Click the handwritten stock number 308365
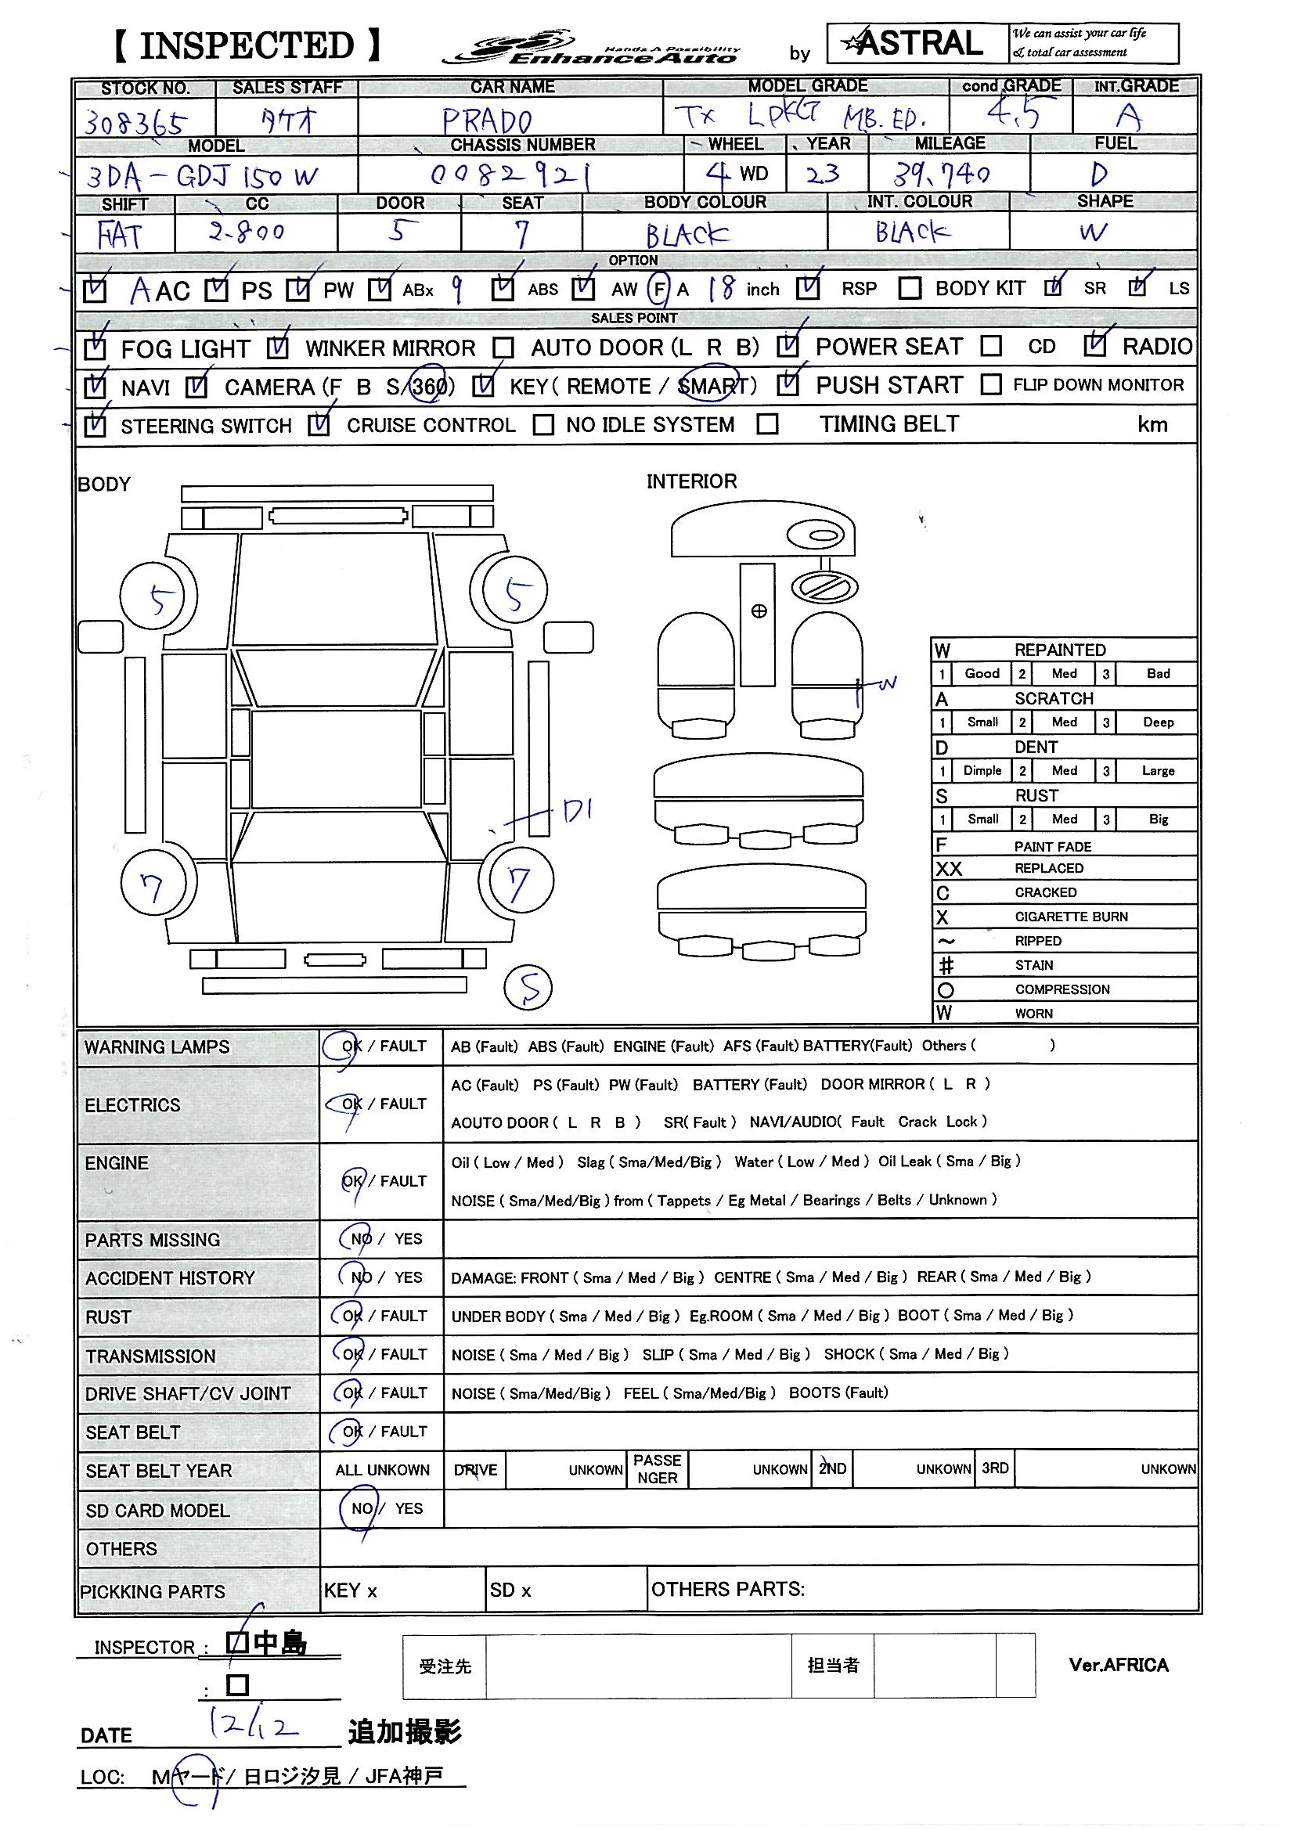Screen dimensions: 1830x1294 coord(135,122)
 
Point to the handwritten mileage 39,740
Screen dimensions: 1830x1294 coord(942,174)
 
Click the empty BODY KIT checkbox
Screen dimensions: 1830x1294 coord(910,288)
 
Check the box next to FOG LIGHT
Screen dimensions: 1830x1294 coord(95,348)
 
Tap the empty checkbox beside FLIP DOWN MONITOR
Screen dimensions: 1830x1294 coord(991,385)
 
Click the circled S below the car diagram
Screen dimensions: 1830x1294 coord(528,988)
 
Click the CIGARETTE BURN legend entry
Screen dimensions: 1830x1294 coord(1071,917)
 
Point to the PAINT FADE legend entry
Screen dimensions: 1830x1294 coord(1052,846)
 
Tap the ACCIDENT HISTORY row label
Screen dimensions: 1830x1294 coord(170,1278)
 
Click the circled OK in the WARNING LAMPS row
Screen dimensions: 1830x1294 coord(349,1046)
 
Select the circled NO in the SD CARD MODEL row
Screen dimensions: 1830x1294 coord(361,1509)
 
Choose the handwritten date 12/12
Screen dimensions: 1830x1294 coord(253,1725)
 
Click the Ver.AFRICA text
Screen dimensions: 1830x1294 coord(1118,1665)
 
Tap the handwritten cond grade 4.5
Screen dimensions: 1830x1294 coord(1013,114)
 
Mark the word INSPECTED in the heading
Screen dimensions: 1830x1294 coord(247,46)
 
